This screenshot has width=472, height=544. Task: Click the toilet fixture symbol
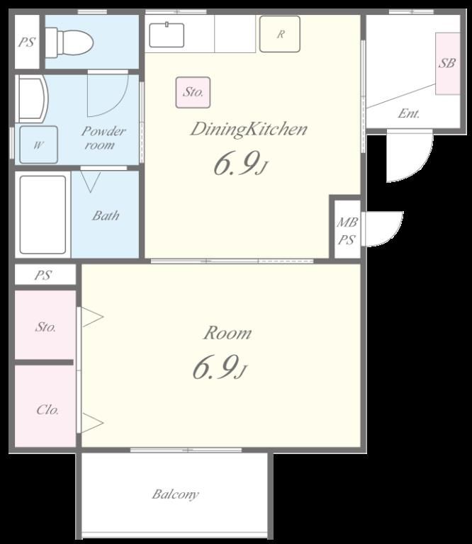pyautogui.click(x=69, y=42)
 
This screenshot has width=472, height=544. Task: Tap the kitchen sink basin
pyautogui.click(x=167, y=35)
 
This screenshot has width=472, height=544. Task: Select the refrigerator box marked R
pyautogui.click(x=280, y=34)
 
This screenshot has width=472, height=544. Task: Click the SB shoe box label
pyautogui.click(x=446, y=63)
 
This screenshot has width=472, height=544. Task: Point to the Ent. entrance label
pyautogui.click(x=408, y=113)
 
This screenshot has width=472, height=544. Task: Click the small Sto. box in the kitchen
pyautogui.click(x=193, y=92)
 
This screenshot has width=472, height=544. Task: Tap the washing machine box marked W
pyautogui.click(x=38, y=144)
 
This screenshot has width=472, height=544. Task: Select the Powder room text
pyautogui.click(x=103, y=137)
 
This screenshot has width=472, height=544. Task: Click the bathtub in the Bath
pyautogui.click(x=43, y=215)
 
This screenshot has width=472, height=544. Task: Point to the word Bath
pyautogui.click(x=106, y=216)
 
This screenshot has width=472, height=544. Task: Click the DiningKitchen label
pyautogui.click(x=249, y=129)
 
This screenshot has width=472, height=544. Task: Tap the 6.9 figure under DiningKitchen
pyautogui.click(x=240, y=164)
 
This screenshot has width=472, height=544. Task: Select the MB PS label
pyautogui.click(x=347, y=231)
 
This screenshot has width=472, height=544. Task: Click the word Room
pyautogui.click(x=227, y=333)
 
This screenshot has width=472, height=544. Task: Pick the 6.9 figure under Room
pyautogui.click(x=219, y=368)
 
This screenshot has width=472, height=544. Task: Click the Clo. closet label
pyautogui.click(x=47, y=410)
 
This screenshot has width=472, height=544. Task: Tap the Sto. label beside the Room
pyautogui.click(x=45, y=327)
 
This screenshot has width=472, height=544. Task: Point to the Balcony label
pyautogui.click(x=175, y=494)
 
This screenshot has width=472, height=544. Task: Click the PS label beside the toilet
pyautogui.click(x=27, y=42)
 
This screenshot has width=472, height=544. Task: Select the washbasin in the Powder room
pyautogui.click(x=32, y=98)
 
